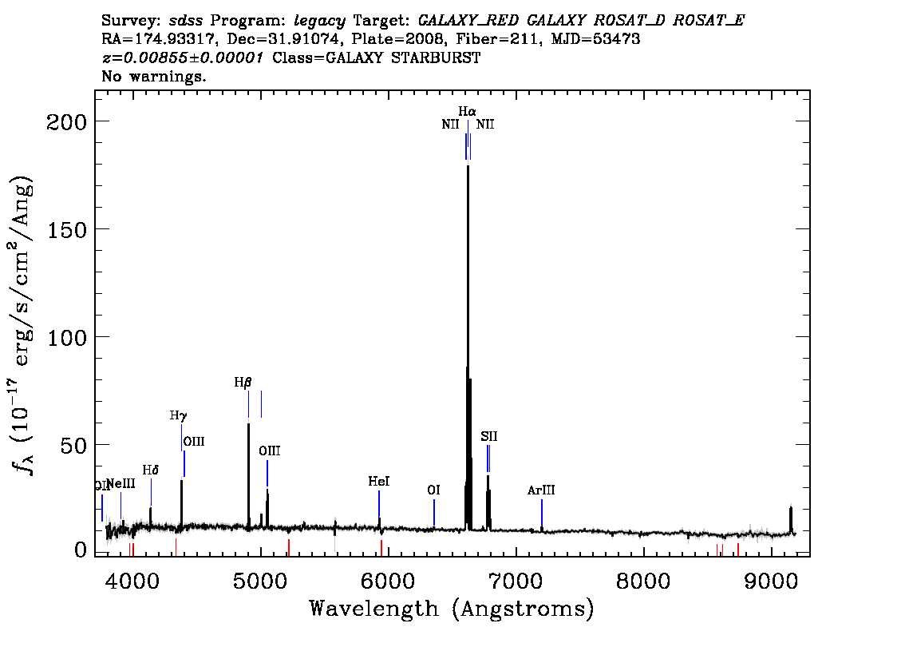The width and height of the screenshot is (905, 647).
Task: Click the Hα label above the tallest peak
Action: tap(467, 111)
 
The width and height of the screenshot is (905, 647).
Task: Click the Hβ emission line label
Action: tap(243, 383)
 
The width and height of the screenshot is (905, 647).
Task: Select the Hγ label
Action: tap(178, 415)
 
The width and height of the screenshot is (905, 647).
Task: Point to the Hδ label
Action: tap(151, 470)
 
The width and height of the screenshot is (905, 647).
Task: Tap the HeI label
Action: tap(378, 481)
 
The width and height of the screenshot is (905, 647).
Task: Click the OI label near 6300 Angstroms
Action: tap(433, 490)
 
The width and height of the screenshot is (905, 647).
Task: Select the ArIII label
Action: tap(541, 490)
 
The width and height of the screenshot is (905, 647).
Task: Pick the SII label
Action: tap(489, 436)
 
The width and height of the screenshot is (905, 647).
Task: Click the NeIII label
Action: tap(121, 483)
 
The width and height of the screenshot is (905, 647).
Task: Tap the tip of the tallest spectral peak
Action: tap(468, 166)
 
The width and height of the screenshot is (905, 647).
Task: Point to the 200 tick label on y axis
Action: tap(66, 122)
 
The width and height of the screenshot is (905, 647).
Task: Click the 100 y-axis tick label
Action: tap(66, 337)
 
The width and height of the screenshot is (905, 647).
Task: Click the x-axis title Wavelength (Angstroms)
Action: tap(452, 609)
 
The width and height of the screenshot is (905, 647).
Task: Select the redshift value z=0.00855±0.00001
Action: tap(183, 58)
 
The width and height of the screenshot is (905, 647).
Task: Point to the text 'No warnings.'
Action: tap(153, 76)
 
